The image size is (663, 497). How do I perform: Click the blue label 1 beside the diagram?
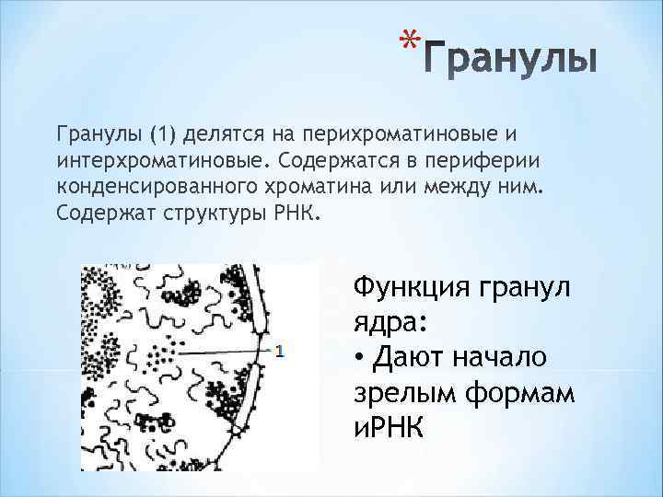280,351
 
